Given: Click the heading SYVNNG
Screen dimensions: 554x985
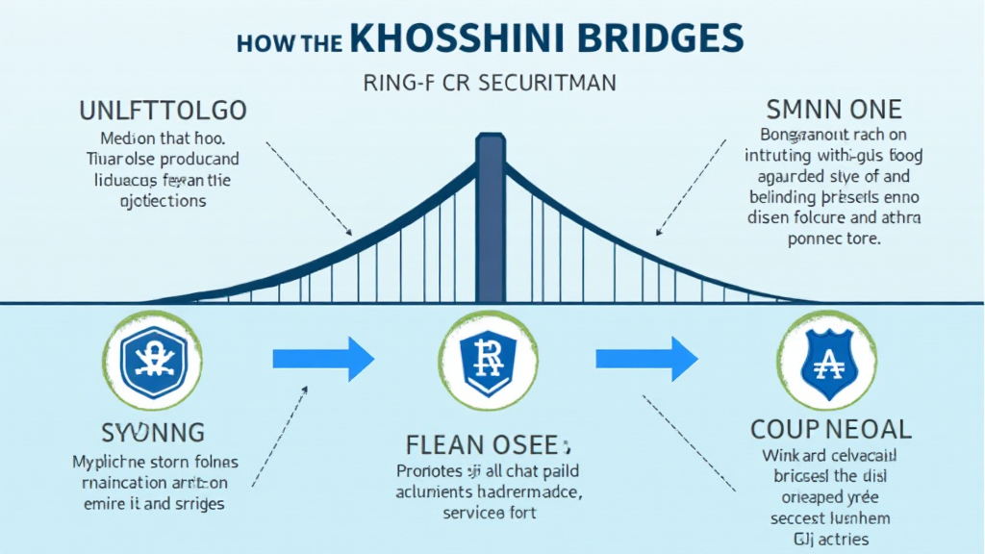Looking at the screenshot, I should pos(154,431).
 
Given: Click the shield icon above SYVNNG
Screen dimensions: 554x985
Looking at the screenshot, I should pos(154,359).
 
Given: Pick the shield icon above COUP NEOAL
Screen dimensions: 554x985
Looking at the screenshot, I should pos(826,359).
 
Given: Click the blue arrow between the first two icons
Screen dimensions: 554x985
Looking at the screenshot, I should pos(323,359).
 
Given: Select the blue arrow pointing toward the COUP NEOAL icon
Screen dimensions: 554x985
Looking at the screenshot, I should pos(646,359).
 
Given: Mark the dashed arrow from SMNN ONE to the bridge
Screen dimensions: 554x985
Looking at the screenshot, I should pos(691,186).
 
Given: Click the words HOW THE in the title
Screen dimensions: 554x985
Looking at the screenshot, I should pos(281,43).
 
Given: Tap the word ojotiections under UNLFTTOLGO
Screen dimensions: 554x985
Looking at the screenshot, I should pos(166,202).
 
